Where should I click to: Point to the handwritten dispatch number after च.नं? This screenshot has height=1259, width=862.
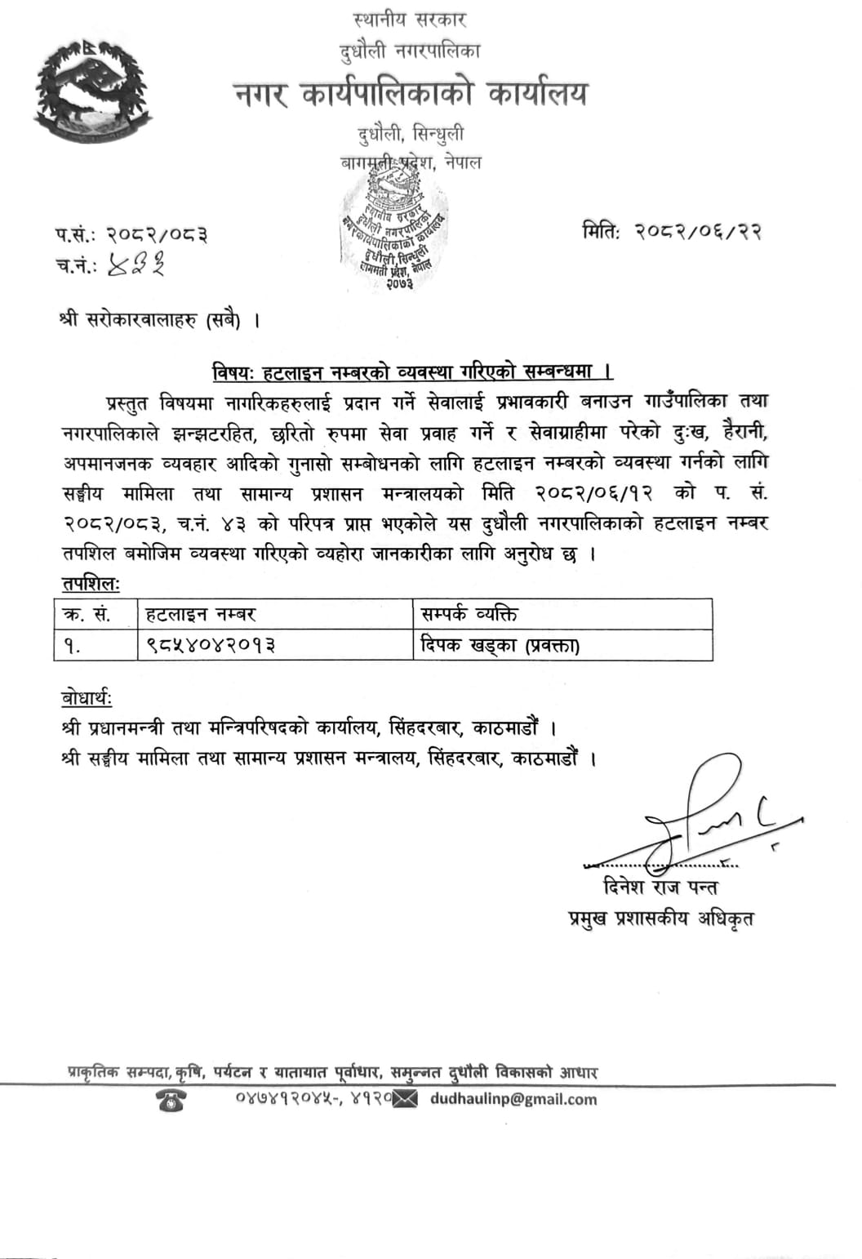[x=136, y=265]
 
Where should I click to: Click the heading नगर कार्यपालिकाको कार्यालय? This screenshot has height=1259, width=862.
[x=411, y=95]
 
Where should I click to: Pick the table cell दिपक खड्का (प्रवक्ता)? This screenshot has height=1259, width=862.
[x=500, y=645]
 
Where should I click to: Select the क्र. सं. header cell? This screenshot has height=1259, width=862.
[x=87, y=614]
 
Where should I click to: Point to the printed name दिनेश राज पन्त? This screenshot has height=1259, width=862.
[x=660, y=887]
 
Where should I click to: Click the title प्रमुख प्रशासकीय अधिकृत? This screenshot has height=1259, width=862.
[x=660, y=919]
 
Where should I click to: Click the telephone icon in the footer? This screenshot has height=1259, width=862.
[x=171, y=1101]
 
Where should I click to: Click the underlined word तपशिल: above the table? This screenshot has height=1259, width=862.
[x=90, y=584]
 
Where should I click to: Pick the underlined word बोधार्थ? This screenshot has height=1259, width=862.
[x=87, y=699]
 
